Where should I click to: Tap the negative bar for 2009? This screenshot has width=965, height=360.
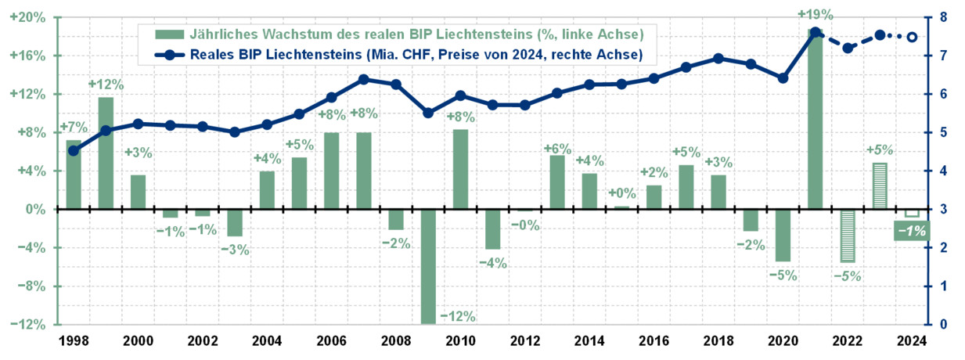(x=428, y=266)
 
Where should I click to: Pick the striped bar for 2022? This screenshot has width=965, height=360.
(x=847, y=236)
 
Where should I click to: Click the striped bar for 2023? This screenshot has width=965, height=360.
(x=880, y=186)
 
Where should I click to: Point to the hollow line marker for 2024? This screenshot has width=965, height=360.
(x=912, y=37)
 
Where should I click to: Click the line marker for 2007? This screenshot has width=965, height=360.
(x=364, y=79)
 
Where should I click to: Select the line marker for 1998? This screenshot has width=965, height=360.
(x=74, y=150)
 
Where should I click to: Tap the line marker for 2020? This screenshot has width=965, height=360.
(x=783, y=78)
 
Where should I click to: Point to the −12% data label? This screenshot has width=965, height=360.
(x=458, y=316)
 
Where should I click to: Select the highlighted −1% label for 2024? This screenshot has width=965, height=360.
(x=912, y=231)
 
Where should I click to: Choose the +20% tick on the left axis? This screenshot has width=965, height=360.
(x=28, y=17)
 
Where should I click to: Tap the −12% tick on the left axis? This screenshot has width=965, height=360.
(x=28, y=325)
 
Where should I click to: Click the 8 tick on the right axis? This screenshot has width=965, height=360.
(x=943, y=17)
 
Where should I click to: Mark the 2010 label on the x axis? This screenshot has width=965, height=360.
(x=460, y=341)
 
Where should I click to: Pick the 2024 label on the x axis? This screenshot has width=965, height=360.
(x=912, y=341)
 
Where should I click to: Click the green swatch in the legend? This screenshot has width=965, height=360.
(x=167, y=34)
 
